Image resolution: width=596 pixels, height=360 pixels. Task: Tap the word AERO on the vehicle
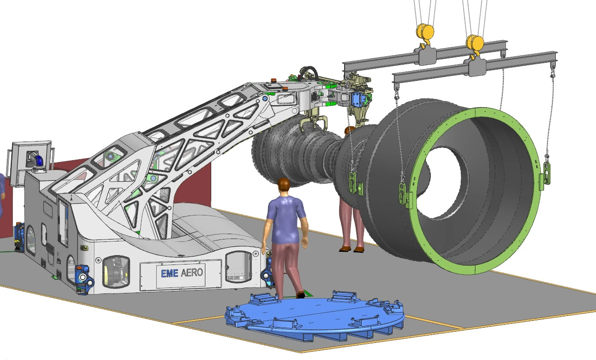(192, 272)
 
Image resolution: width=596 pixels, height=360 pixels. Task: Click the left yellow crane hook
(424, 35)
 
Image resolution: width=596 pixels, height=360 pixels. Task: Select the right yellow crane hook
(474, 46)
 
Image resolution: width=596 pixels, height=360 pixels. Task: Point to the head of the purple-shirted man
(284, 186)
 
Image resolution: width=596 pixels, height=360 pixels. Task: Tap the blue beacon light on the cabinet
(39, 161)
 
